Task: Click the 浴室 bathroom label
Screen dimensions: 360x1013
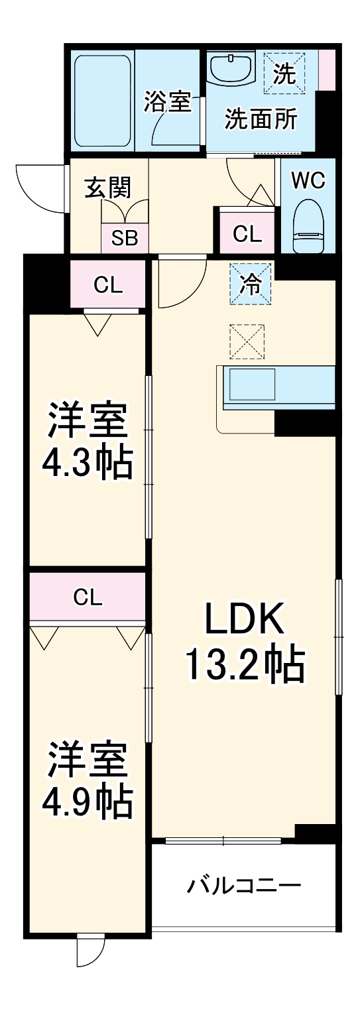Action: pyautogui.click(x=167, y=102)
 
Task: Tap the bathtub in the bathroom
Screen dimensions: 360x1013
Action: pyautogui.click(x=103, y=102)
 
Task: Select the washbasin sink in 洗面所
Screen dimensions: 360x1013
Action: pyautogui.click(x=231, y=69)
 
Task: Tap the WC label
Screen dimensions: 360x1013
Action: pyautogui.click(x=308, y=180)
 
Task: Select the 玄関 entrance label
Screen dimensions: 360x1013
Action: pyautogui.click(x=108, y=187)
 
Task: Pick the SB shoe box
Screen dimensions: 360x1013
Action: pyautogui.click(x=124, y=238)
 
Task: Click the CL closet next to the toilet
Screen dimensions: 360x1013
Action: pyautogui.click(x=247, y=234)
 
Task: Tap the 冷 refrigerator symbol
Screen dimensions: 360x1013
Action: pyautogui.click(x=250, y=284)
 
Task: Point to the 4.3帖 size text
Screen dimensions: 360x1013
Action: pyautogui.click(x=88, y=463)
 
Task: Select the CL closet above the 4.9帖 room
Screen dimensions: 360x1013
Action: pyautogui.click(x=88, y=599)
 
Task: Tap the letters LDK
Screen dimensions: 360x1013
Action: pyautogui.click(x=245, y=619)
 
